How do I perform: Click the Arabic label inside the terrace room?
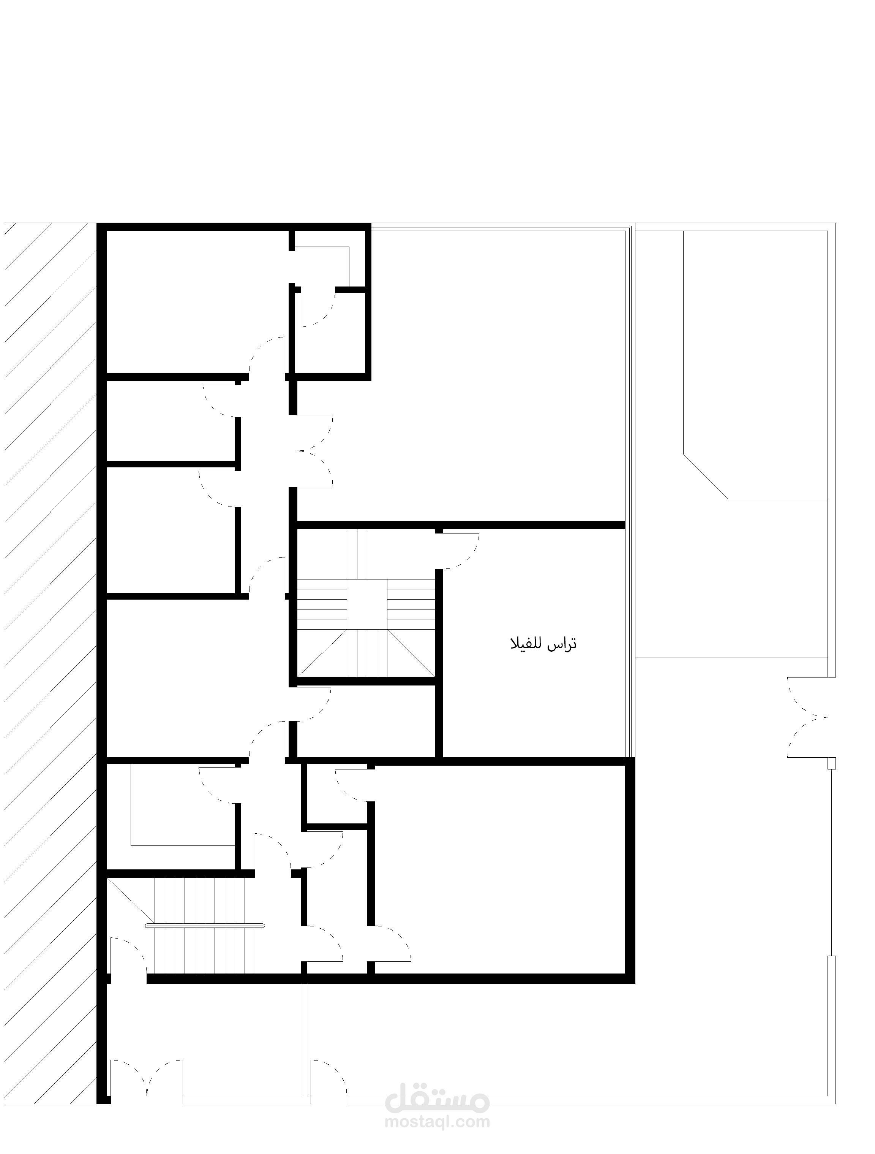pos(543,644)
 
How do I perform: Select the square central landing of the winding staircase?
pos(367,604)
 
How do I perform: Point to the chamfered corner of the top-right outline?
pos(706,476)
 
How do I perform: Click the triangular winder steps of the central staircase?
pos(367,653)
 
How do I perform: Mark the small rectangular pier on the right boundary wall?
pos(832,763)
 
